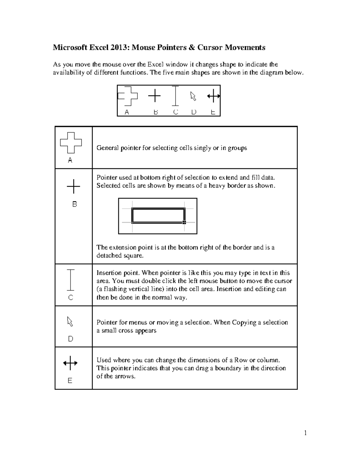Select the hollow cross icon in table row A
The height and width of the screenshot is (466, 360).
click(71, 143)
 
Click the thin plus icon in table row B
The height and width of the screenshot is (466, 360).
click(73, 187)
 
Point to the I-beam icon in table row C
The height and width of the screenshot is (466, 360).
click(70, 280)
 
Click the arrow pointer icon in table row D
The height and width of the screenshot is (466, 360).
click(70, 321)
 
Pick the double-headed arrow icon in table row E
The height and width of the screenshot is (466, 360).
click(70, 363)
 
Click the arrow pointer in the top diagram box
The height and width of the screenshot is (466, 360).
click(193, 96)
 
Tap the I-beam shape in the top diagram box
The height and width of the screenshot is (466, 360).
click(175, 96)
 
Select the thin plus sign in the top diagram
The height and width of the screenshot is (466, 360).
click(154, 96)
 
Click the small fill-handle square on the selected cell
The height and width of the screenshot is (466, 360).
click(184, 222)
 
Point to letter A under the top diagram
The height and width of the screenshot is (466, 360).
click(127, 112)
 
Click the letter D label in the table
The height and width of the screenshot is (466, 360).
click(70, 339)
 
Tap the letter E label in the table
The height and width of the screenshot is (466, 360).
click(70, 380)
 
